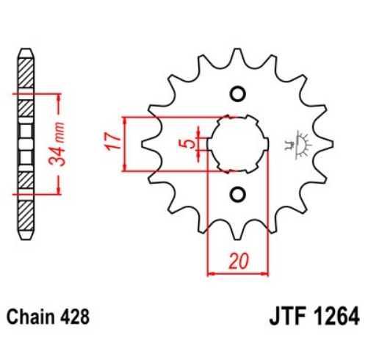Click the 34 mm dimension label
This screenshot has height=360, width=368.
point(57,143)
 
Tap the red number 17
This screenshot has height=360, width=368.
point(112,141)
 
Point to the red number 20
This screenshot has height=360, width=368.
point(239,260)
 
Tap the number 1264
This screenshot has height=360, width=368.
point(336,317)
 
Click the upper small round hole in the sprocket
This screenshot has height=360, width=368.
point(237,94)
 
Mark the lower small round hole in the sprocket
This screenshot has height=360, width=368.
point(237,195)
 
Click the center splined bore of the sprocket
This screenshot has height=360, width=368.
point(238,144)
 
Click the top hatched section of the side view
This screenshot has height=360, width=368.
point(26,73)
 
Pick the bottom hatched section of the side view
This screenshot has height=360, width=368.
point(26,215)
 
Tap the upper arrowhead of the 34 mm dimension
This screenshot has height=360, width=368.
point(58,98)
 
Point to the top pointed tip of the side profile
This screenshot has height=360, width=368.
point(26,48)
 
